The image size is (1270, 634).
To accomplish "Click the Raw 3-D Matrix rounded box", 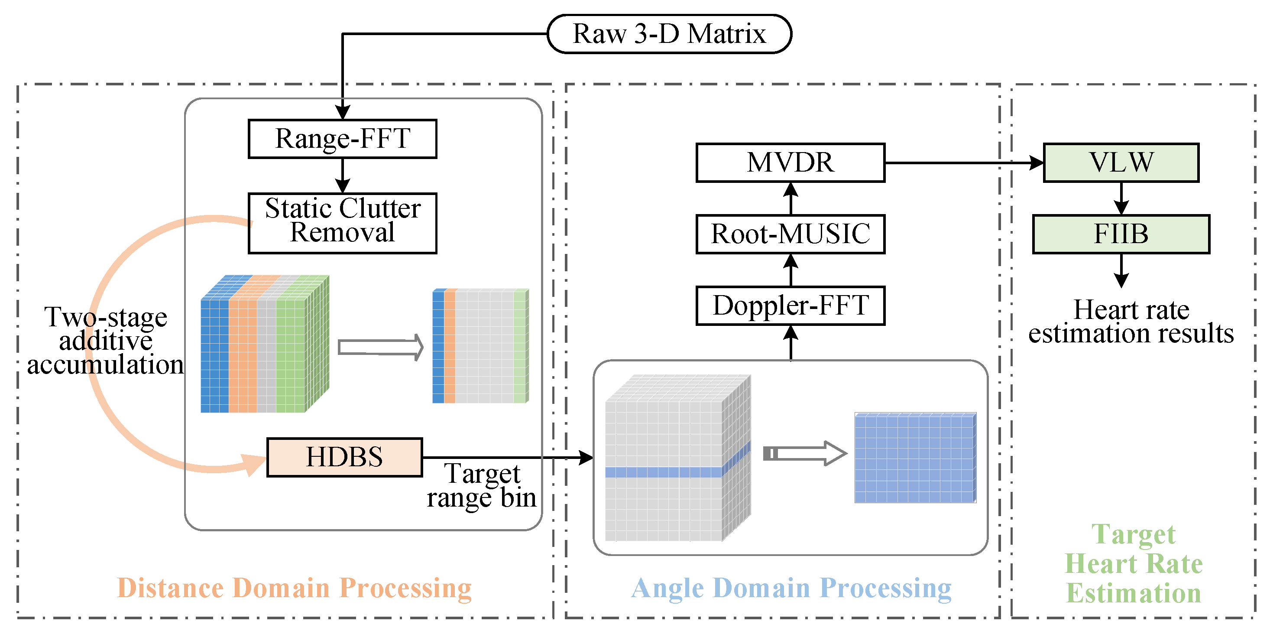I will (x=669, y=33).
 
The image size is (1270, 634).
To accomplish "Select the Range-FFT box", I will (x=342, y=139).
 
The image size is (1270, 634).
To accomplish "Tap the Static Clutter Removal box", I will (x=342, y=223).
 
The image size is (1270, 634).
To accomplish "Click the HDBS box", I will (x=344, y=457).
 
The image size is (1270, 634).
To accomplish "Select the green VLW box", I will (x=1121, y=163).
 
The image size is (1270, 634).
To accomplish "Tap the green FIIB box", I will (x=1121, y=234).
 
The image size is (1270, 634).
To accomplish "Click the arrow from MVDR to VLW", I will (x=961, y=163).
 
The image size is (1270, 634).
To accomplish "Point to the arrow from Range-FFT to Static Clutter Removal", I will (x=342, y=175).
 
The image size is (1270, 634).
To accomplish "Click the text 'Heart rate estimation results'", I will (x=1131, y=321).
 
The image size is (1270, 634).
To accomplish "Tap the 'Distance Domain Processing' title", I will (x=295, y=588).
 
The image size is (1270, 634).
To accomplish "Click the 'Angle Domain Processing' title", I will (x=791, y=588).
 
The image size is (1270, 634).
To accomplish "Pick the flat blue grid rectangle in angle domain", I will (x=915, y=457).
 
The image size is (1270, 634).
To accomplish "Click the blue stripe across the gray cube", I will (x=663, y=471).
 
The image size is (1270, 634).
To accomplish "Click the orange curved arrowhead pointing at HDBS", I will (x=254, y=464).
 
